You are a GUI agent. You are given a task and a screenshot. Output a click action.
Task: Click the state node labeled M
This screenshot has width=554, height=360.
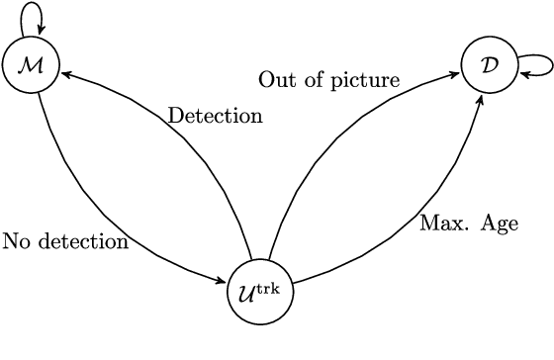point(31,65)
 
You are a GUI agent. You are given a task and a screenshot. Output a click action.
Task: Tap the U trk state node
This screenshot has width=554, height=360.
point(260,292)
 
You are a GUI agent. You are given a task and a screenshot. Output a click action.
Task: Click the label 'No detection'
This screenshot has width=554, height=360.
point(65,241)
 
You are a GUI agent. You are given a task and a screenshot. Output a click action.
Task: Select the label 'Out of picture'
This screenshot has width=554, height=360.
point(328,79)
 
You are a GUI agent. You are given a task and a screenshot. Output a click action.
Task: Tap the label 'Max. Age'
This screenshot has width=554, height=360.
point(469,223)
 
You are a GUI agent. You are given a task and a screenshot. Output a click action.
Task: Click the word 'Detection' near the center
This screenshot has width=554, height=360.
point(215,116)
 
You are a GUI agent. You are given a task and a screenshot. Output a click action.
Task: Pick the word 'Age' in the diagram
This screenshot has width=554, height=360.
point(500,224)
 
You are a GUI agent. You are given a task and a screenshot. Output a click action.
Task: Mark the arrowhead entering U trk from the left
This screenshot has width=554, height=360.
point(226,284)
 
